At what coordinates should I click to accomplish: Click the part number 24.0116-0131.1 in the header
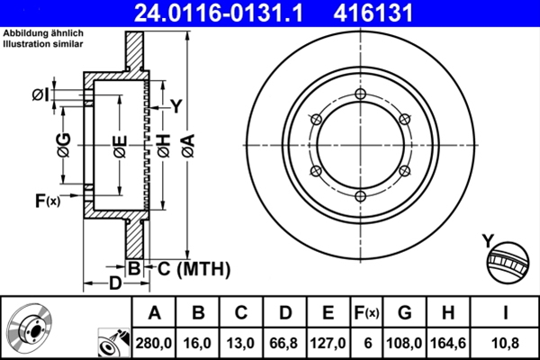[231, 13]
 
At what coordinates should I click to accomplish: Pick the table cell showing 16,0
[199, 342]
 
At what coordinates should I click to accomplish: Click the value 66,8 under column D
[285, 342]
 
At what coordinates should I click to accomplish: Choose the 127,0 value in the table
[329, 342]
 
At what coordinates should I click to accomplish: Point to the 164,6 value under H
[448, 342]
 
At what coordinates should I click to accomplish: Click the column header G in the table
[405, 313]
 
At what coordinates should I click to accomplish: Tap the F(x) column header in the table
[366, 313]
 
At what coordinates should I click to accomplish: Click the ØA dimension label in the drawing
[186, 143]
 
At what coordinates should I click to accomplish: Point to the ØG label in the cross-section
[63, 144]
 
